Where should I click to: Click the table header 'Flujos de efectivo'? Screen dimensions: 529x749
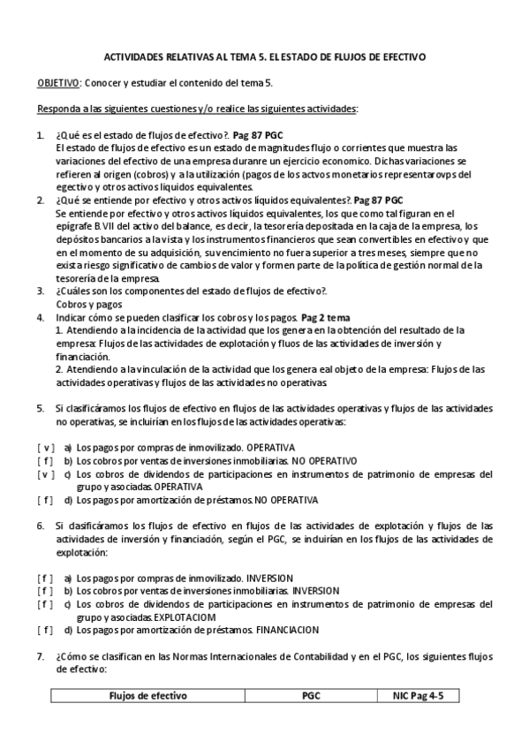[147, 696]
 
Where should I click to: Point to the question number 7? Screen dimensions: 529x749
[40, 656]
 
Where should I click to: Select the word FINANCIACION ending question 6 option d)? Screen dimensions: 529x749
[287, 630]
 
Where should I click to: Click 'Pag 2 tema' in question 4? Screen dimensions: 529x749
[326, 316]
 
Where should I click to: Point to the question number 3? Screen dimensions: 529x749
[40, 290]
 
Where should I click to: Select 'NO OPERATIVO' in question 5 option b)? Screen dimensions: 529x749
[324, 460]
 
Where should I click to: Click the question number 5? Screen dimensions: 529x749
[40, 409]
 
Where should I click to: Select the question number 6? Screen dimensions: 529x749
[40, 525]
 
